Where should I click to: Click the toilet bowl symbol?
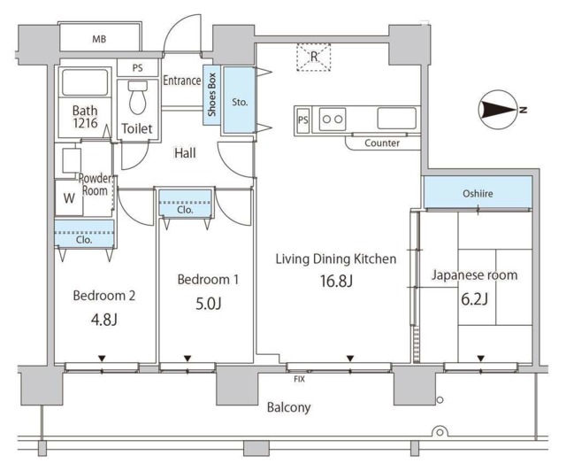click(138, 97)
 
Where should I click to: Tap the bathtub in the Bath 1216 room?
click(85, 82)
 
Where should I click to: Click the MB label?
click(99, 39)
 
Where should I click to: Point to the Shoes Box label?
click(212, 95)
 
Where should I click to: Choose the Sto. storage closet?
click(240, 100)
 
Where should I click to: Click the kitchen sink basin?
click(397, 119)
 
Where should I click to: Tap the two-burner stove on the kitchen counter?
click(333, 119)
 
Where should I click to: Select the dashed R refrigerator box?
click(314, 58)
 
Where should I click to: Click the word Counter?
click(382, 143)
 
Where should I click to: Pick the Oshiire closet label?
click(478, 194)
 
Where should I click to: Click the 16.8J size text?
click(336, 281)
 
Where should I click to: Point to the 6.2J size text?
click(475, 299)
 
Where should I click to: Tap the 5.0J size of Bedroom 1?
click(208, 304)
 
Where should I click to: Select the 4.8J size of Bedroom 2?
click(104, 320)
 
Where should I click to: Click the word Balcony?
click(289, 407)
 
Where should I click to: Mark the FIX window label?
click(299, 379)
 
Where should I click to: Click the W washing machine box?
click(69, 197)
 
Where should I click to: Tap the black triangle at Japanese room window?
click(480, 359)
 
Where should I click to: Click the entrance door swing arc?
click(178, 26)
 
